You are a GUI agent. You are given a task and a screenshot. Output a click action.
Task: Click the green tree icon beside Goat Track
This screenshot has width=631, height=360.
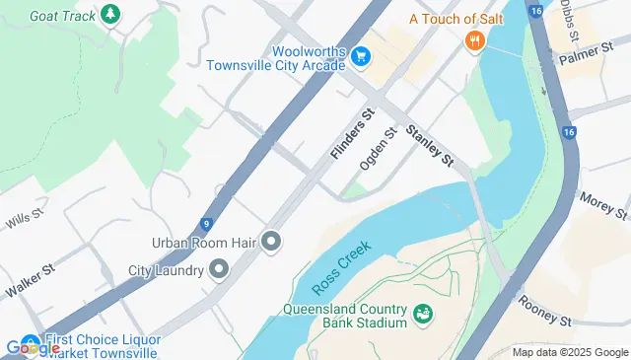110,14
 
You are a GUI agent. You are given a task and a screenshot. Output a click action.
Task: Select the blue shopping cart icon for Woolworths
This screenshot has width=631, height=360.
361,57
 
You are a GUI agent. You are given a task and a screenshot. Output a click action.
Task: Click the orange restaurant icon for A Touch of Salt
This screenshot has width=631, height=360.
475,39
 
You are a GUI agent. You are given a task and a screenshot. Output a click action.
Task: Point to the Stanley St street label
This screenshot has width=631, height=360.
429,144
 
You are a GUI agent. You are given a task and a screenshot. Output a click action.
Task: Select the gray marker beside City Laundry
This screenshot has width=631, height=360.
218,269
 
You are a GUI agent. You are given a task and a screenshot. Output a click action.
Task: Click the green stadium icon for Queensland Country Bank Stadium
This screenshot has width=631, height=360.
423,315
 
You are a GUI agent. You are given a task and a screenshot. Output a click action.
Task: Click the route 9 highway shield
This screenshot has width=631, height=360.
204,224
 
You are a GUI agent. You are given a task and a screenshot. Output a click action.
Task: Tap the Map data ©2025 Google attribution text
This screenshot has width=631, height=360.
571,352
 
